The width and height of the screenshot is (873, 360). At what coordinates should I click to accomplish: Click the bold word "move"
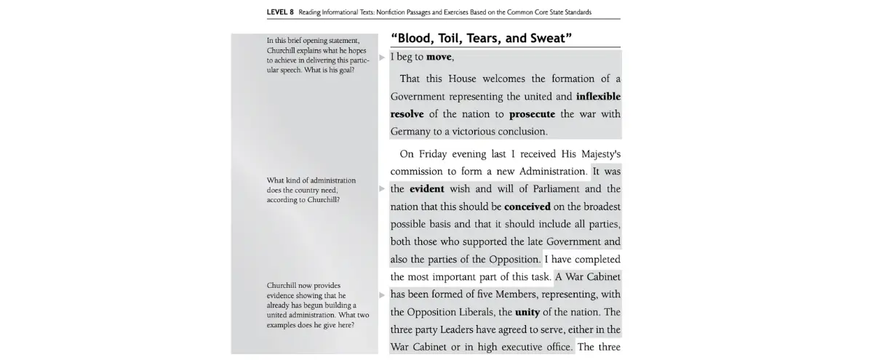pyautogui.click(x=439, y=57)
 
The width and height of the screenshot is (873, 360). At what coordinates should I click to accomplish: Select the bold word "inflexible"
pyautogui.click(x=598, y=96)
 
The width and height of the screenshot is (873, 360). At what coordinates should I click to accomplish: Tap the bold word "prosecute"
pyautogui.click(x=532, y=114)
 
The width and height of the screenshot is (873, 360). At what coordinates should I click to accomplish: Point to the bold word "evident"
pyautogui.click(x=426, y=189)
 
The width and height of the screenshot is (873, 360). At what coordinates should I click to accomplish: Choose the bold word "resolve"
pyautogui.click(x=407, y=114)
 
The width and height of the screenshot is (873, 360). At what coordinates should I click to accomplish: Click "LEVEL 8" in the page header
pyautogui.click(x=280, y=12)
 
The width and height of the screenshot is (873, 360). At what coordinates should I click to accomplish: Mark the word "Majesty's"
pyautogui.click(x=594, y=154)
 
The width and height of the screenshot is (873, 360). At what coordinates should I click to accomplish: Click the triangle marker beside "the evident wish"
pyautogui.click(x=382, y=189)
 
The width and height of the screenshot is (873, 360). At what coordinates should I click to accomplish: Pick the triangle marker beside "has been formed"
pyautogui.click(x=382, y=295)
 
